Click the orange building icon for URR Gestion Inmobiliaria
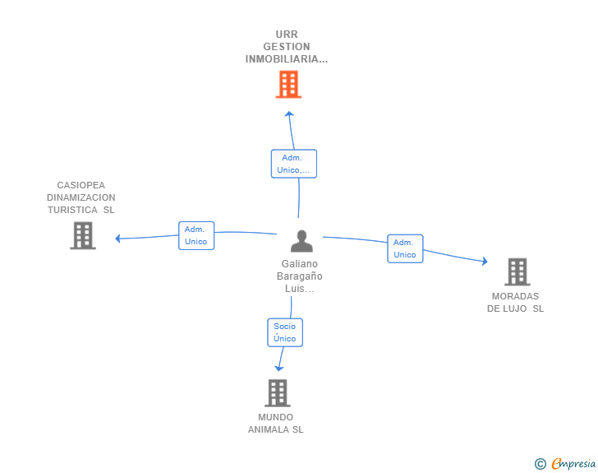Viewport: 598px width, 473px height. click(288, 84)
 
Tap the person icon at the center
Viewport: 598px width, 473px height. click(302, 241)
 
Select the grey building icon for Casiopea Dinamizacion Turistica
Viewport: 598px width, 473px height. click(82, 236)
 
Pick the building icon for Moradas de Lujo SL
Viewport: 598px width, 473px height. click(517, 271)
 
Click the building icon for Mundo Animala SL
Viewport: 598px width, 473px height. click(278, 393)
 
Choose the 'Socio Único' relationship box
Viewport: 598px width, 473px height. click(285, 332)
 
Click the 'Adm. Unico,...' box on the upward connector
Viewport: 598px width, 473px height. click(293, 164)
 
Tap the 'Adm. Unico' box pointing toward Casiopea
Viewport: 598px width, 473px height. click(196, 235)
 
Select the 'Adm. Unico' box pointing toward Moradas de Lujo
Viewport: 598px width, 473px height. click(405, 248)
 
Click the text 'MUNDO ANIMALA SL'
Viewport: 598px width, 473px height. click(276, 423)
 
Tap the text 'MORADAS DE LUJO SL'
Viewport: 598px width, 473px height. click(516, 302)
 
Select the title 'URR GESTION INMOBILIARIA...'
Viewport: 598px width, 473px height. click(287, 47)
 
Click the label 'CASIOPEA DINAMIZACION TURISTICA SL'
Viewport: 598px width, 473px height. click(80, 197)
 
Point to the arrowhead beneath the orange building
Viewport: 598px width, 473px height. click(287, 114)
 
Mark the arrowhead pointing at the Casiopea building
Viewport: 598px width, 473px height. click(118, 239)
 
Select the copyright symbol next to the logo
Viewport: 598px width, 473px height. click(540, 464)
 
